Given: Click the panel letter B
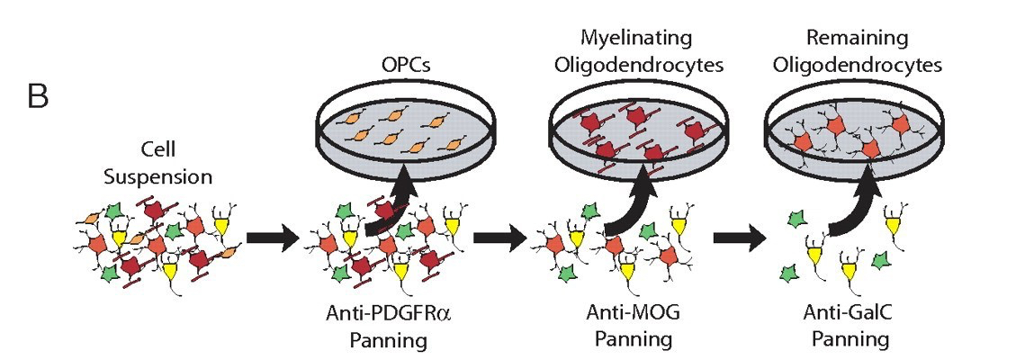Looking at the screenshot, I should pyautogui.click(x=38, y=95).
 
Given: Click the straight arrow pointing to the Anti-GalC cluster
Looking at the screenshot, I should pyautogui.click(x=739, y=240).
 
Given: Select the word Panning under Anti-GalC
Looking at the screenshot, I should pyautogui.click(x=850, y=340).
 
